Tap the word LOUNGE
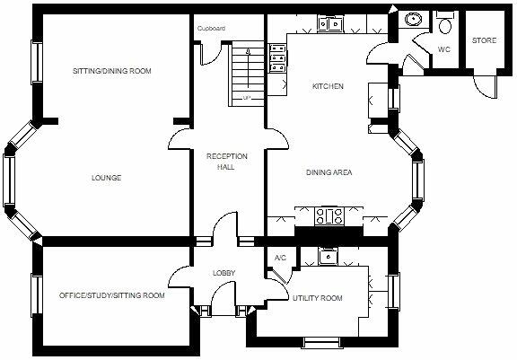[x=106, y=178]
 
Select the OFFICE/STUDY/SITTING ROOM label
[x=111, y=295]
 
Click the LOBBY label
[x=223, y=273]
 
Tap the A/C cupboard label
[x=279, y=259]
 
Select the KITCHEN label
[x=327, y=87]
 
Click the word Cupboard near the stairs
[x=212, y=29]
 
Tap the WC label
[x=443, y=49]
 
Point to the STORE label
[x=484, y=40]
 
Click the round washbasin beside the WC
[x=415, y=19]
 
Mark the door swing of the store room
[x=484, y=86]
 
